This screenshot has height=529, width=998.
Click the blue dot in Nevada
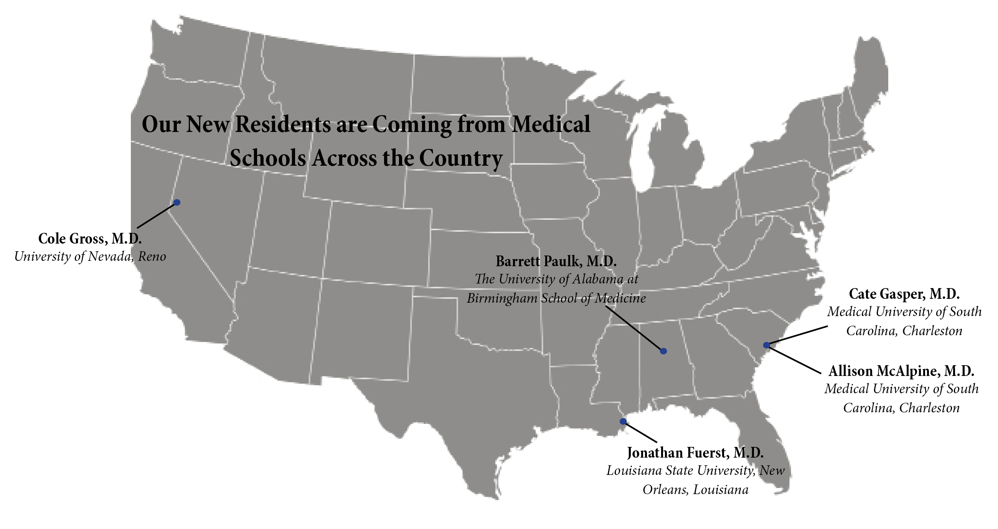coord(177,202)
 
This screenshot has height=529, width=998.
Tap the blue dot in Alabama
coord(663,351)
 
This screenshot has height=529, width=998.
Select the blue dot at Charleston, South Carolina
coord(766,345)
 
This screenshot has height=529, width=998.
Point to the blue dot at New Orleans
coord(623,421)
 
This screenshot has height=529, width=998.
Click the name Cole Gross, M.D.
coord(90,239)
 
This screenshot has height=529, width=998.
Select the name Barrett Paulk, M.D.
coord(556,261)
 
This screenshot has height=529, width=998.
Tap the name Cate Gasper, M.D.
coord(904,294)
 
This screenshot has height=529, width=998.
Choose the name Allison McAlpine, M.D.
coord(901,371)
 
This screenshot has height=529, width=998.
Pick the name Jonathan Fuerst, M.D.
coord(695,452)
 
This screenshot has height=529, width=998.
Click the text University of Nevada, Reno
coord(90,256)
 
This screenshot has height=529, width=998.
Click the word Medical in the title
coord(551,124)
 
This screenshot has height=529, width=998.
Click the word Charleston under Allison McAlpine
coord(929,408)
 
